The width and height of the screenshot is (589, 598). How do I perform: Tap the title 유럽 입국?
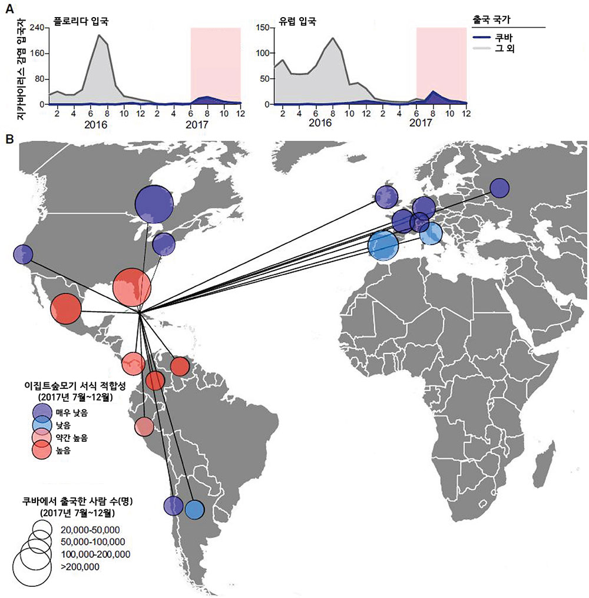(x=299, y=23)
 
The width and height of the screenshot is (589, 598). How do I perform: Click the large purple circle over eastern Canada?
(x=154, y=204)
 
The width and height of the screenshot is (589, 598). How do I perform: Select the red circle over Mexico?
(x=65, y=309)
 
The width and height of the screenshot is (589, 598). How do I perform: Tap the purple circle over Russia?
(x=499, y=188)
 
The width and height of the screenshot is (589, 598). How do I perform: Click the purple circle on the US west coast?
(x=22, y=255)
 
